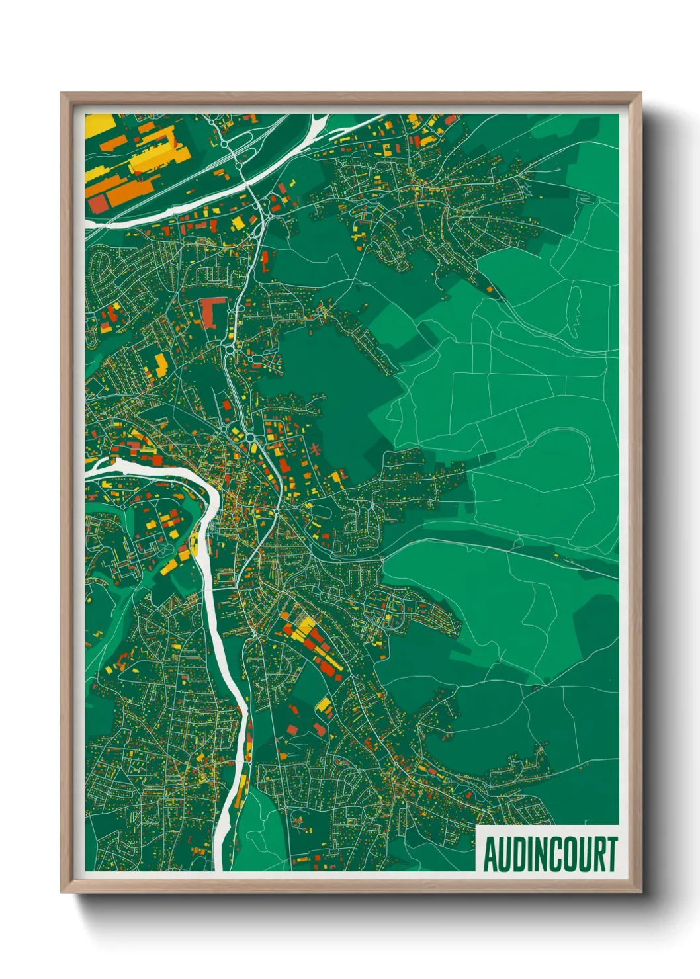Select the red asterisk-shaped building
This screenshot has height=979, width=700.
(315, 450)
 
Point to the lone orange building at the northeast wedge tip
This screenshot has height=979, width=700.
(490, 289)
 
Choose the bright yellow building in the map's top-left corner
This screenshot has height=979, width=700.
(98, 124)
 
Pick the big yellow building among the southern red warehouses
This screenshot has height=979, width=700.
(306, 624)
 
